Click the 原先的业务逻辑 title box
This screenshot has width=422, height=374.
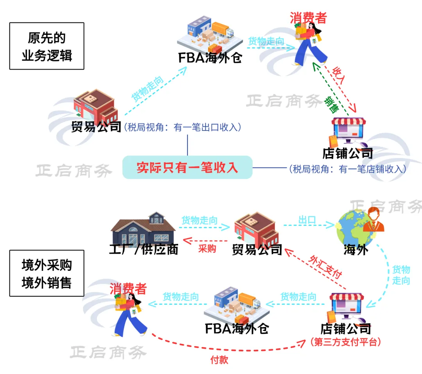click(46, 46)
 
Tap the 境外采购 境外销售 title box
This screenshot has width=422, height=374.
click(46, 274)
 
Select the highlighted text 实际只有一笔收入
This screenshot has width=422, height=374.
click(188, 167)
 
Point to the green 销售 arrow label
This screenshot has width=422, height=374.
click(331, 102)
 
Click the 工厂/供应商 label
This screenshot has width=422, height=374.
click(143, 249)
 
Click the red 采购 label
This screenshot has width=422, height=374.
click(207, 249)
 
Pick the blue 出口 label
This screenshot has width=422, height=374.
click(307, 220)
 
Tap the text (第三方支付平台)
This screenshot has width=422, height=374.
click(346, 342)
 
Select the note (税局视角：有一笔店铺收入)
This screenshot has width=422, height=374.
click(347, 169)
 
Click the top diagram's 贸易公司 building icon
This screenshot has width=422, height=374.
click(95, 105)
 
